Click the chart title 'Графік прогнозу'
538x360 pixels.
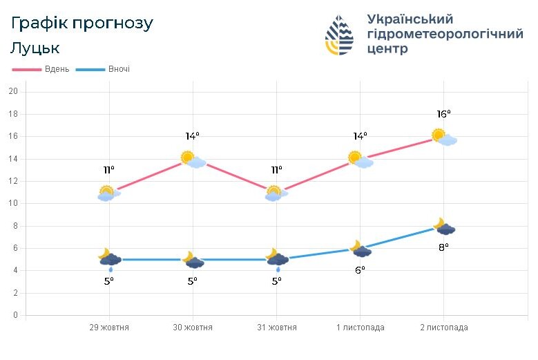81,23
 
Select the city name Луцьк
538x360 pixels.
35,48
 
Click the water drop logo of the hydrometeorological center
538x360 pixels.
339,35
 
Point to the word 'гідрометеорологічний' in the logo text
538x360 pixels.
445,34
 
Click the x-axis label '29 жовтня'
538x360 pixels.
109,328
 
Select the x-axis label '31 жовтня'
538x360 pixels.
276,328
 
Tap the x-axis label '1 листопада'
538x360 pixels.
360,328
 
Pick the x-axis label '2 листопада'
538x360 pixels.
443,328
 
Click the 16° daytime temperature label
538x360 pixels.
443,114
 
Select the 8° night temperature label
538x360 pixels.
443,247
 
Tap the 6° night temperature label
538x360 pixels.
360,270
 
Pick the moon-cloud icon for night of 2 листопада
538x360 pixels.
443,227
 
